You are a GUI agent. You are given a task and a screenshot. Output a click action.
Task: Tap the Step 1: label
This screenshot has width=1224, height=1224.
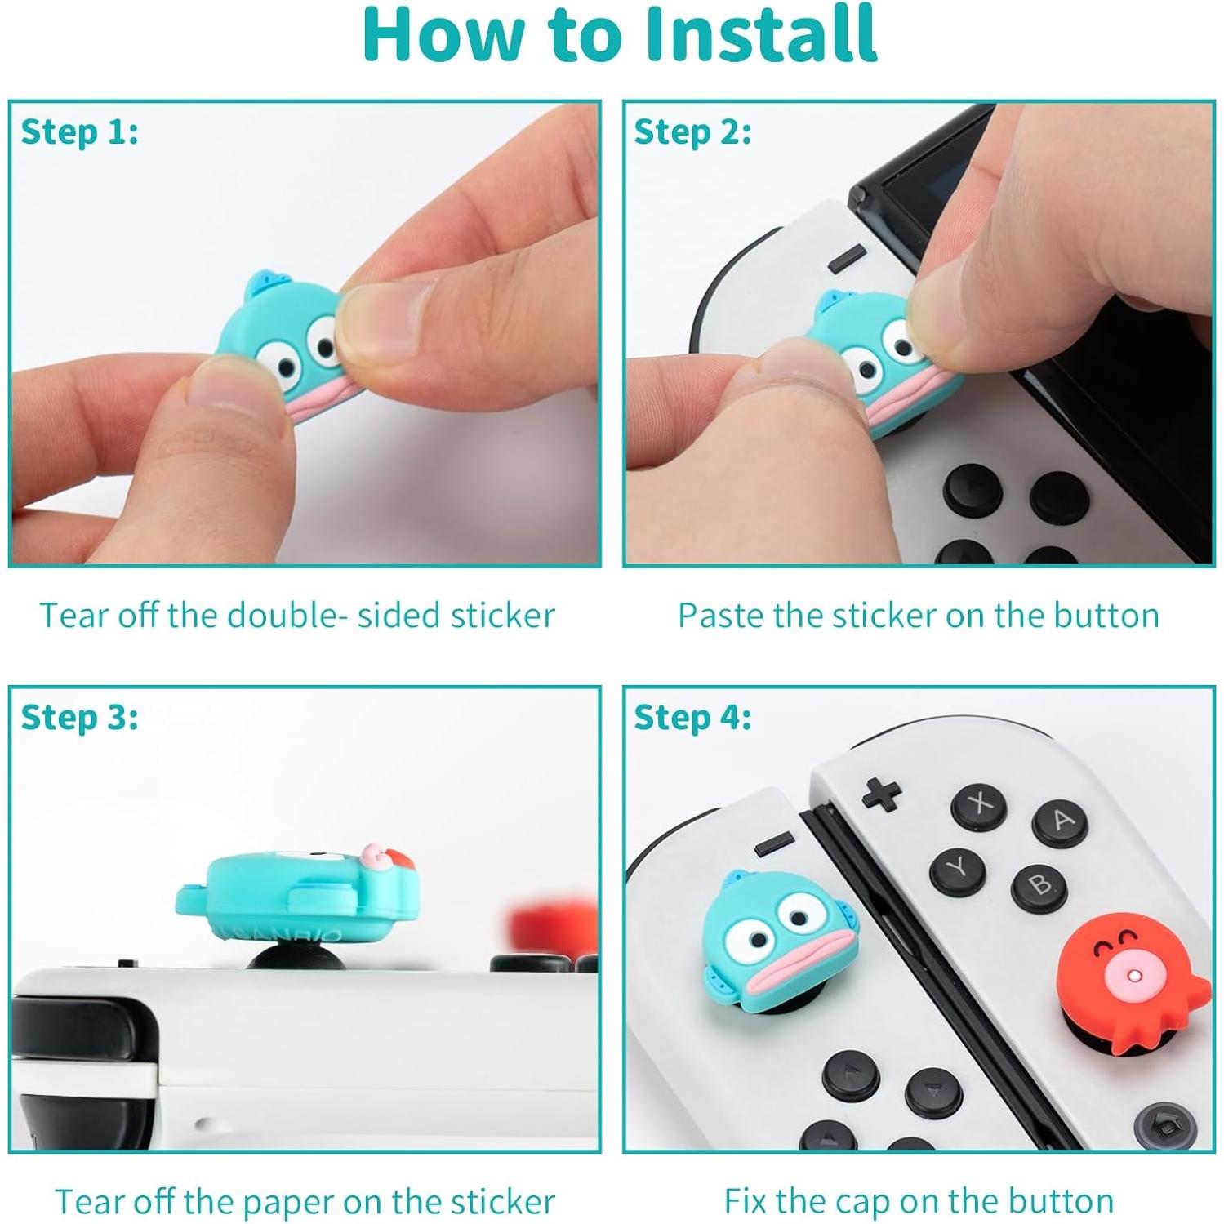click(x=79, y=131)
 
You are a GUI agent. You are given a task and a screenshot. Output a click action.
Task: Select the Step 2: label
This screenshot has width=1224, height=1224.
click(x=692, y=131)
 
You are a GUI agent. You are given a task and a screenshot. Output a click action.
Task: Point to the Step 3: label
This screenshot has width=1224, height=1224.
click(x=79, y=717)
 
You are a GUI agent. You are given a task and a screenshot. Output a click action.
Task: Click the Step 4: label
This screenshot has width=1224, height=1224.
click(x=692, y=717)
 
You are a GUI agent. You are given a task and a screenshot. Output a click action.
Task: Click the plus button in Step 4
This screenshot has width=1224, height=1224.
click(x=882, y=793)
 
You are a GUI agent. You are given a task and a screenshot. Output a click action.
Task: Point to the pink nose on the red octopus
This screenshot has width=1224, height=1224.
click(x=1132, y=976)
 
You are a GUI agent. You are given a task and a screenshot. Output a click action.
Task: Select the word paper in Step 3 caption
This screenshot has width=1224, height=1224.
click(x=289, y=1202)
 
